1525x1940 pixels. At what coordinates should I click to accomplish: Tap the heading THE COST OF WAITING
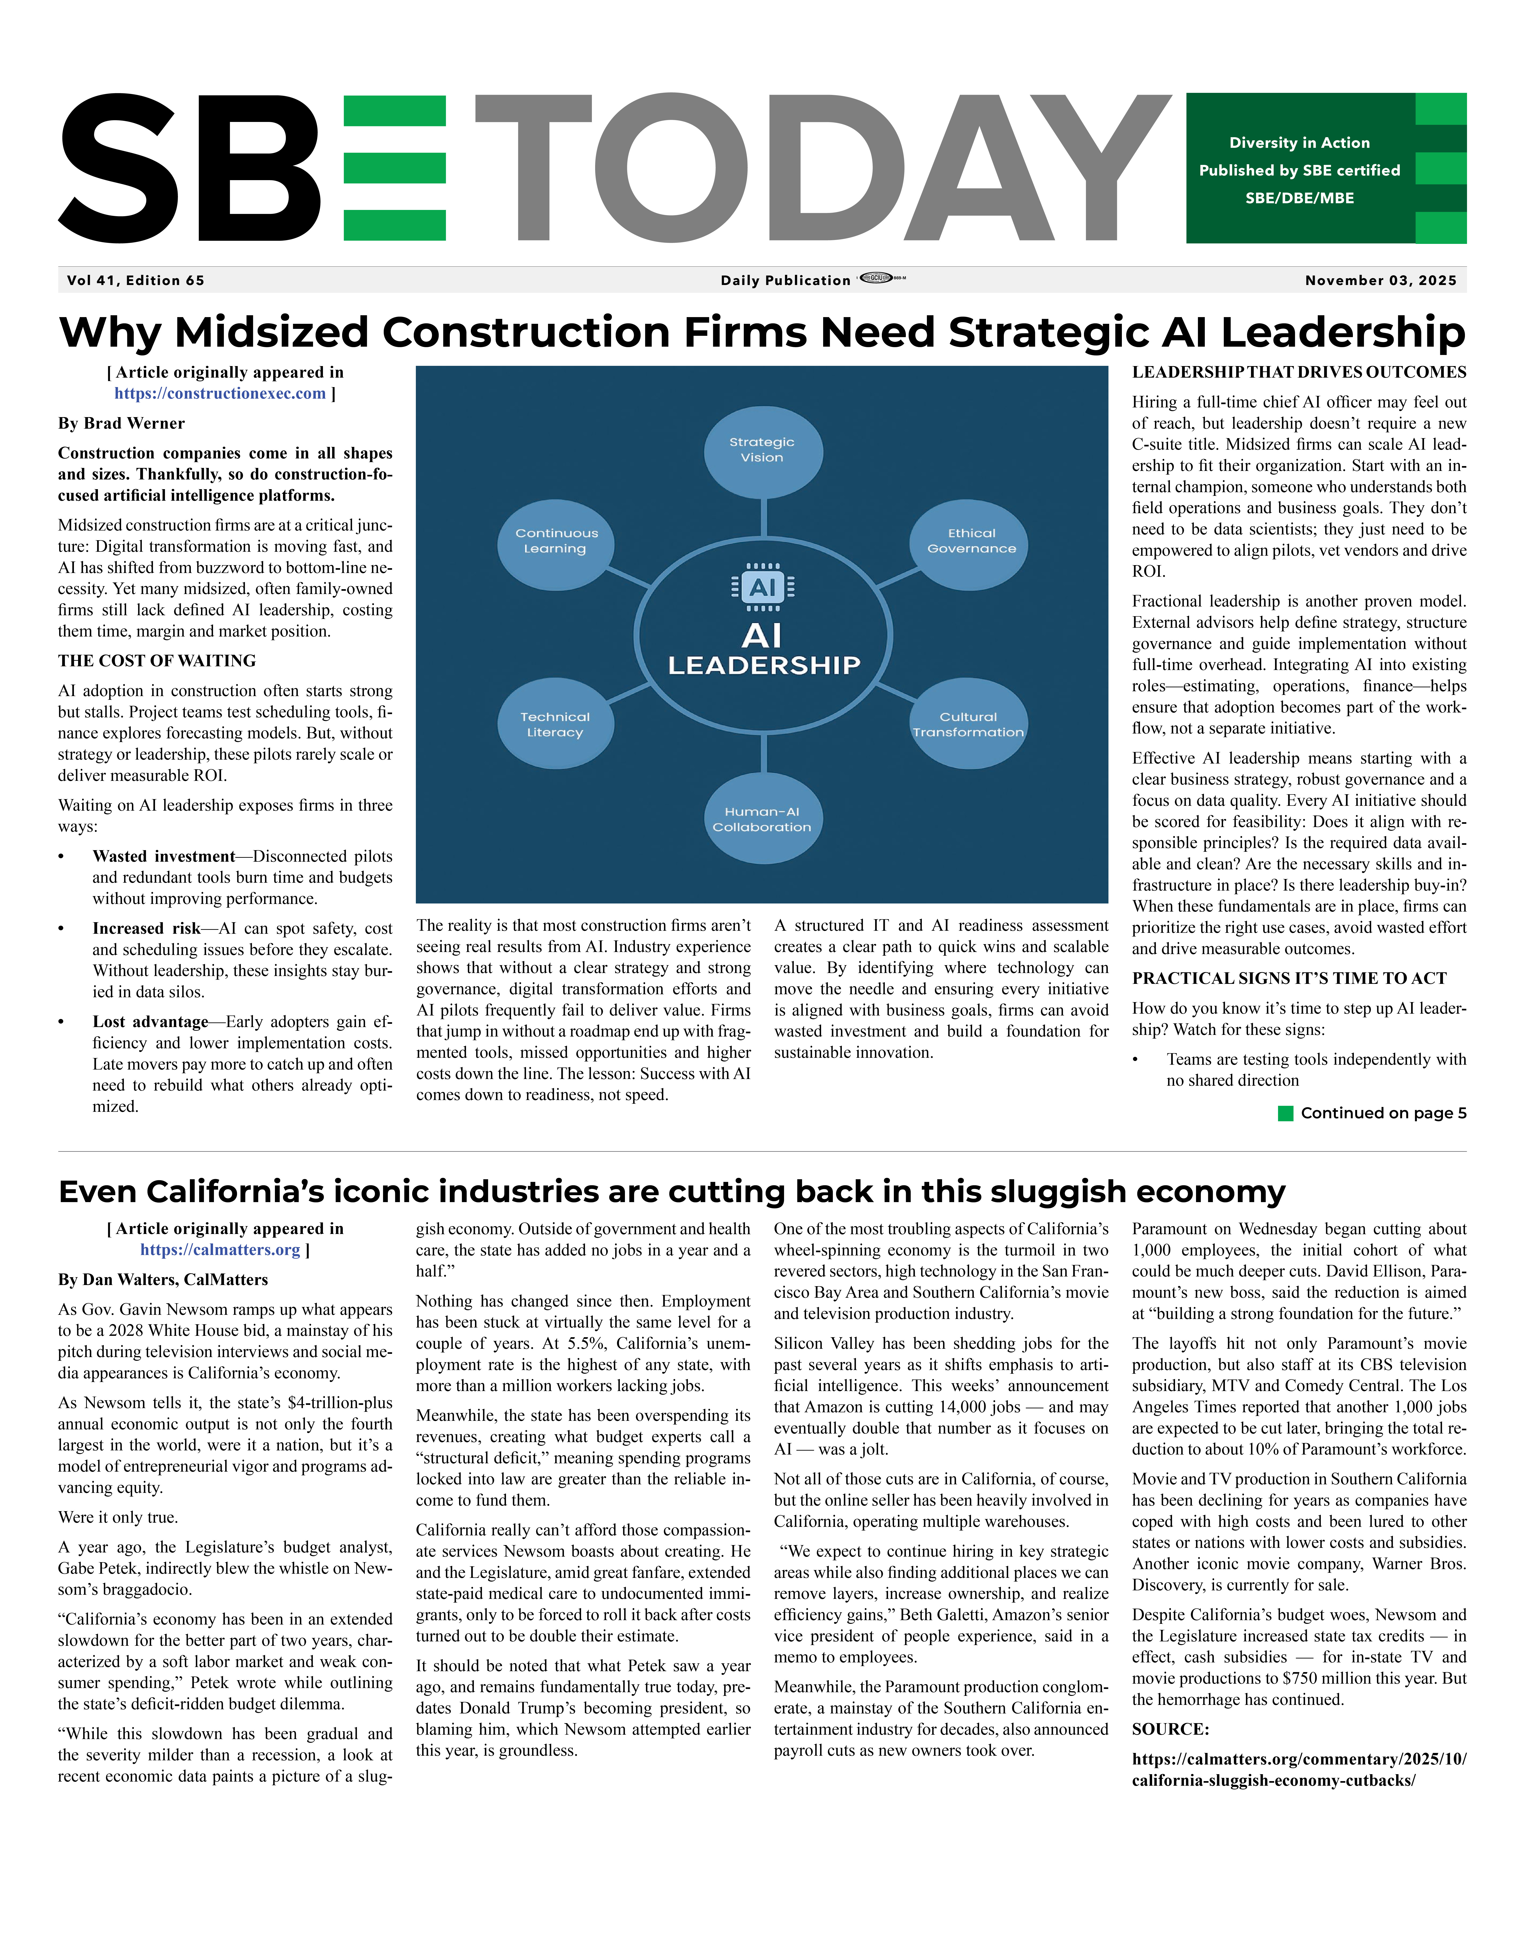point(157,661)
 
